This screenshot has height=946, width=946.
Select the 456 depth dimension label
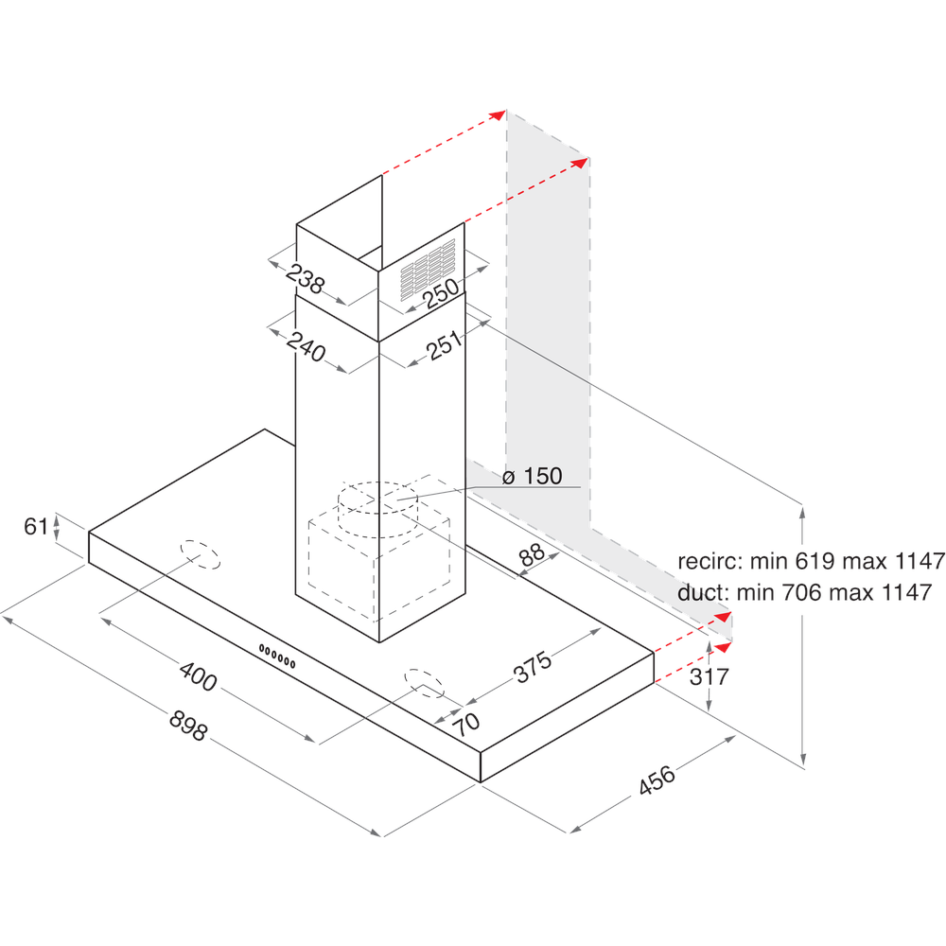tap(657, 780)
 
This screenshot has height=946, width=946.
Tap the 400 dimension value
tap(198, 677)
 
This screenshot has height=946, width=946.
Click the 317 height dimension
tap(709, 677)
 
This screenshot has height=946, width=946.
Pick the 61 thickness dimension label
tap(36, 527)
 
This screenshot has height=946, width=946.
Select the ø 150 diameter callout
tap(533, 477)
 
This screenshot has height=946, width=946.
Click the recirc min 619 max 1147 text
tap(811, 561)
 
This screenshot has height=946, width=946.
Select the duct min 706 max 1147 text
tap(804, 592)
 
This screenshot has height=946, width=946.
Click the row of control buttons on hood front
tap(278, 656)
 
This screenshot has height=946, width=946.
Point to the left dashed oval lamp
tap(200, 554)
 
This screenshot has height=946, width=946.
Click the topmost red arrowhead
tap(499, 114)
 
